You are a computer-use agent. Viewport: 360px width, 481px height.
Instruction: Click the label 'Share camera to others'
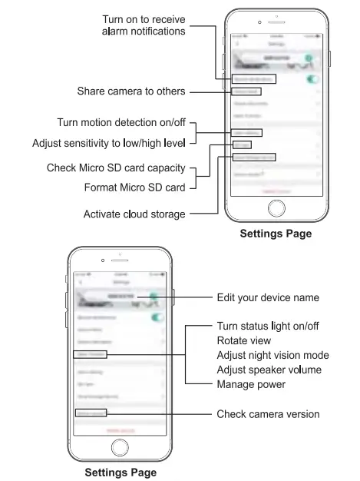[130, 91]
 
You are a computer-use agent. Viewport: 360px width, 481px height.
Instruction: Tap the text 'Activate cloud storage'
[134, 214]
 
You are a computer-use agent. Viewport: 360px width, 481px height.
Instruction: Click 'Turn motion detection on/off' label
[121, 123]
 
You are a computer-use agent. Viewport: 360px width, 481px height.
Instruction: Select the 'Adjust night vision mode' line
[272, 355]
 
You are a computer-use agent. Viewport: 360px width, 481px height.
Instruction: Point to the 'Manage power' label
[250, 383]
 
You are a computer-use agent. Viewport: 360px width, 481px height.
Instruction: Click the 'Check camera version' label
[268, 414]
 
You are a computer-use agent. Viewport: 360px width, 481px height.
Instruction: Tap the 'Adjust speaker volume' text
[268, 370]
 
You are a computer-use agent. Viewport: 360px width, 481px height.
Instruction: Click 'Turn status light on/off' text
[268, 327]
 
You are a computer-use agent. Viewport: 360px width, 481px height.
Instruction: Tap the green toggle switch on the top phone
[312, 78]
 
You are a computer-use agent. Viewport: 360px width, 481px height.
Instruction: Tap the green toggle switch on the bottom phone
[157, 317]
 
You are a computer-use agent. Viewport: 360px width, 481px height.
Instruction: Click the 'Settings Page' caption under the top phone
[276, 234]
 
